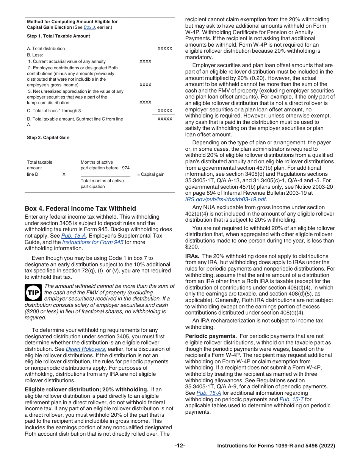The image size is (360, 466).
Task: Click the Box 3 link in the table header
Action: click(x=89, y=27)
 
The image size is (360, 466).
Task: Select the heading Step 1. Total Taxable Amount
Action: click(x=58, y=36)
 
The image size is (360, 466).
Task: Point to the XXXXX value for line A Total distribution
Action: click(x=164, y=48)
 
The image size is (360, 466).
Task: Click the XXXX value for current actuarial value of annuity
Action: click(x=145, y=61)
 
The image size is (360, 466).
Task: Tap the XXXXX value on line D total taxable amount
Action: click(x=164, y=119)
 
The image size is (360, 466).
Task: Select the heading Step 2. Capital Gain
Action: click(x=48, y=138)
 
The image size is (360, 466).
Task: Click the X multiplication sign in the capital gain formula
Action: click(x=64, y=174)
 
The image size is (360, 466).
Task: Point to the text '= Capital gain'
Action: click(x=150, y=174)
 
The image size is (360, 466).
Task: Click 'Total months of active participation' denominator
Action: click(x=102, y=183)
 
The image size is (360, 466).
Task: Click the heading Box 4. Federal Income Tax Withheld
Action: click(x=80, y=208)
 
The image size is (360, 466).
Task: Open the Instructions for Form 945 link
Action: click(x=92, y=242)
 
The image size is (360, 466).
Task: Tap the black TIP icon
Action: click(x=33, y=293)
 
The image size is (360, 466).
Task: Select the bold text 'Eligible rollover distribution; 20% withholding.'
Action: click(x=86, y=389)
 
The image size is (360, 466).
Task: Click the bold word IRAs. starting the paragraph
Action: click(x=193, y=256)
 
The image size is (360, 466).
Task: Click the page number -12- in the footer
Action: click(x=180, y=446)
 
